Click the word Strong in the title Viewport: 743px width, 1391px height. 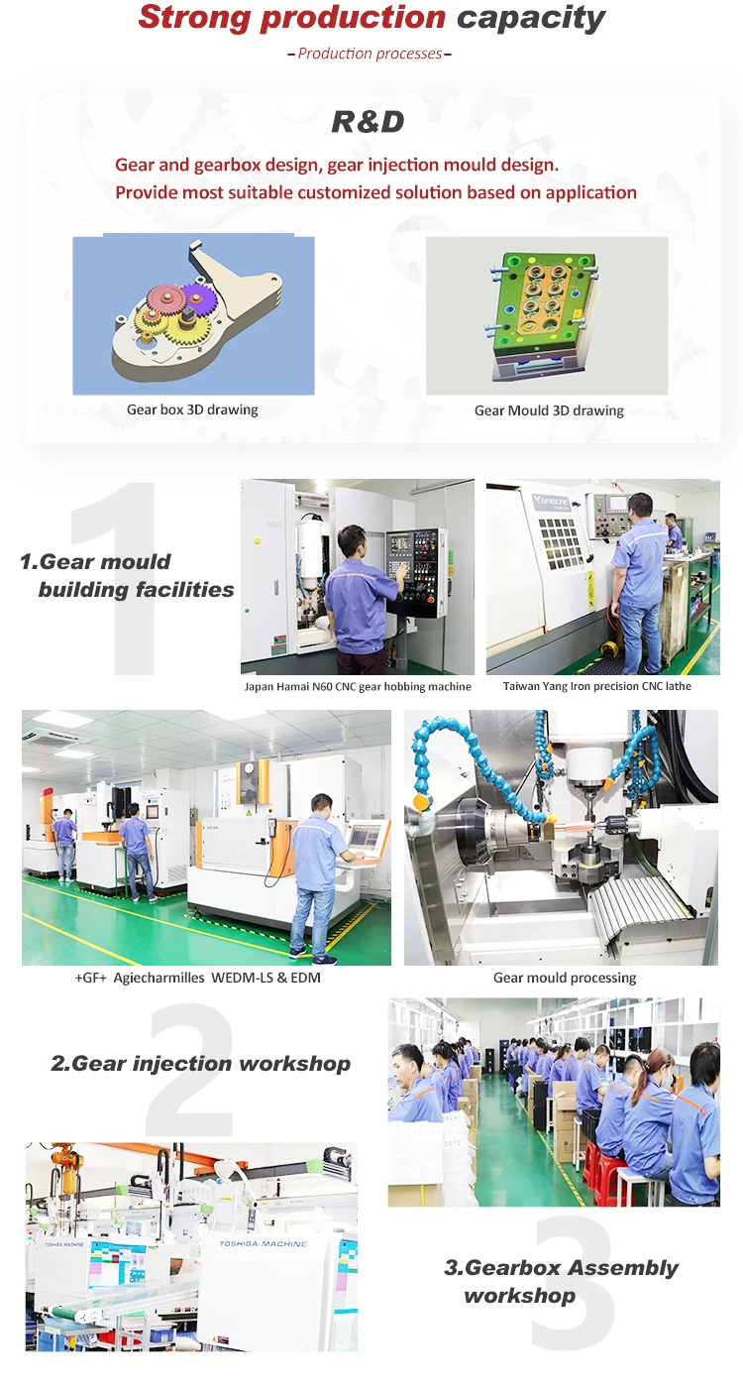tap(195, 18)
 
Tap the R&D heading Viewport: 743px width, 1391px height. tap(369, 122)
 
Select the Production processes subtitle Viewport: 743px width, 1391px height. tap(370, 54)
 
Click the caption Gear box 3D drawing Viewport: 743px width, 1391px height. tap(192, 409)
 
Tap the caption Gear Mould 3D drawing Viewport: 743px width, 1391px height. tap(549, 410)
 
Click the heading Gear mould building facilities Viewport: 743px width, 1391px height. tap(127, 576)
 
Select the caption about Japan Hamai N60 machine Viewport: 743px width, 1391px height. tap(358, 687)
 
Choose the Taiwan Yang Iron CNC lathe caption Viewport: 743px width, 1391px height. tap(596, 686)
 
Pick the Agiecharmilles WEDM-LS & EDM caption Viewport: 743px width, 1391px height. tap(198, 978)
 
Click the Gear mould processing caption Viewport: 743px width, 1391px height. tap(565, 978)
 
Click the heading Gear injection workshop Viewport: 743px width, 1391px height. tap(200, 1064)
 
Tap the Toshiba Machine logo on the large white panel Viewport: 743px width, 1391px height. tap(264, 1244)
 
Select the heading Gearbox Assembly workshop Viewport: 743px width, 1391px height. tap(561, 1281)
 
